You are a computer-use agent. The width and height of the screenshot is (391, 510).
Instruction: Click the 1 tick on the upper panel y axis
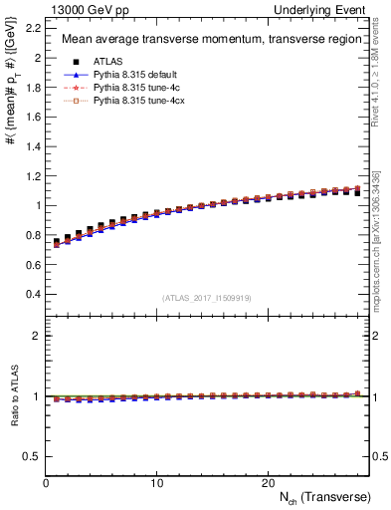click(37, 206)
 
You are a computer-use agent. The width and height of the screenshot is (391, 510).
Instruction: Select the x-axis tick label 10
click(156, 483)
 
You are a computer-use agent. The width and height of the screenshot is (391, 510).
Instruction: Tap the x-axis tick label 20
click(268, 483)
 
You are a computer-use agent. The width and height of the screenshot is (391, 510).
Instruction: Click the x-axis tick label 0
click(46, 483)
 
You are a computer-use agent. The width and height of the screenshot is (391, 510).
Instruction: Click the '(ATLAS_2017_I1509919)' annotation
click(207, 297)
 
